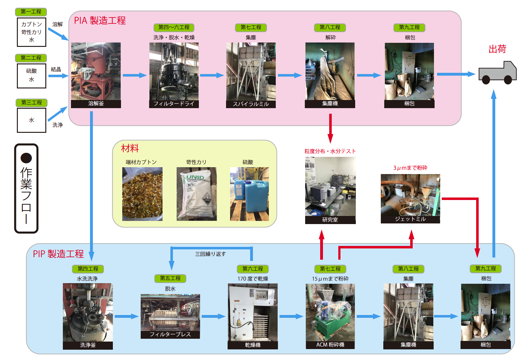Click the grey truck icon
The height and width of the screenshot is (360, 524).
coord(497,73)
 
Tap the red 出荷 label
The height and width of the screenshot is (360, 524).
coord(497,49)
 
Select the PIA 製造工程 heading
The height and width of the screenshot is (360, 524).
coord(100,21)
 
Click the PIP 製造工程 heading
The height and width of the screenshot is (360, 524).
coord(58,254)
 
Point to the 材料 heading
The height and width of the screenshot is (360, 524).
coord(130,148)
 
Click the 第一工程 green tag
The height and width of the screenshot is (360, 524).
coord(31,12)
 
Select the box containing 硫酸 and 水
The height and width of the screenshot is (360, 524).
coord(32,76)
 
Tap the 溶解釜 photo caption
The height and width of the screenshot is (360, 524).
coord(96,104)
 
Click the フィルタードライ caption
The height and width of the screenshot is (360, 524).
coord(174,104)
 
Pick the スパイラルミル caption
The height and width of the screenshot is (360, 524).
coord(251,104)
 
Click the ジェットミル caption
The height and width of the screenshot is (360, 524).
coord(410,219)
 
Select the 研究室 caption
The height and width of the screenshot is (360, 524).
coord(330,220)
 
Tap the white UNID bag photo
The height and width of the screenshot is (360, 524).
coord(196,194)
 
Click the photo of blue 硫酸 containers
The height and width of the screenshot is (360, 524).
coord(249,194)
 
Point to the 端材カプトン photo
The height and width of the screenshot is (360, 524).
coord(142,194)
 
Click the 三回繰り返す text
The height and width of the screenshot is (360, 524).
coord(210,254)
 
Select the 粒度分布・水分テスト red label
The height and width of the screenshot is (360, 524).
coord(330,151)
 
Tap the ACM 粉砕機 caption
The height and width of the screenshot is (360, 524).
coord(330,345)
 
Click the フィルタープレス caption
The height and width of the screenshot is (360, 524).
coord(170,334)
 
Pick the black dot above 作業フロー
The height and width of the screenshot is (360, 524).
coord(26,158)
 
